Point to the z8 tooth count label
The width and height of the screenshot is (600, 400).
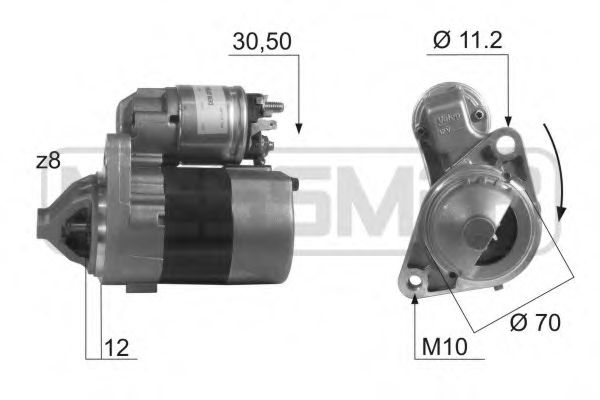[50, 161]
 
